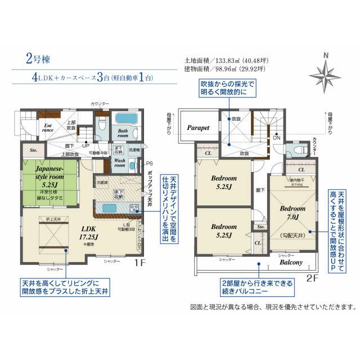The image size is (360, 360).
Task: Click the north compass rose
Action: tap(326, 74)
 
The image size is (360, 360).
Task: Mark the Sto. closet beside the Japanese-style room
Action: tap(33, 150)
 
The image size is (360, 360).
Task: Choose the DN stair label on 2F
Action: tap(276, 137)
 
